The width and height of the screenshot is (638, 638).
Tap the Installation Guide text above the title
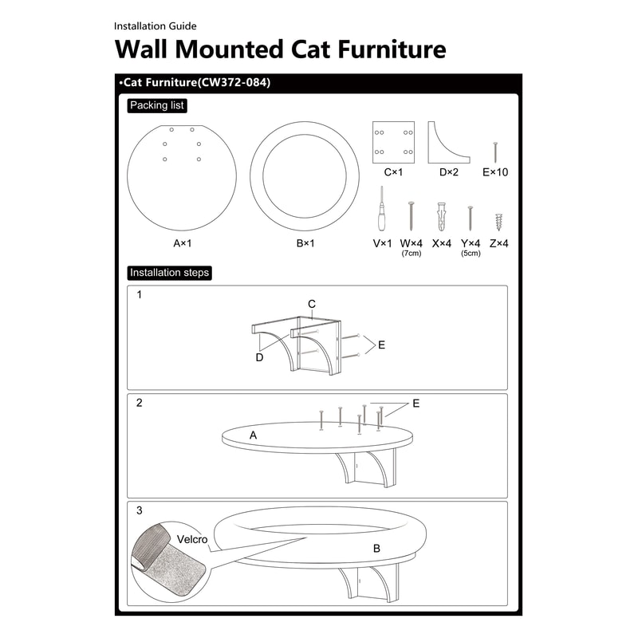click(x=155, y=26)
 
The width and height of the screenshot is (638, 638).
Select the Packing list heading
click(x=157, y=105)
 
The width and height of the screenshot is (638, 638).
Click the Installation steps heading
click(x=169, y=273)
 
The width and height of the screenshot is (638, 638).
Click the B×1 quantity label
click(x=305, y=243)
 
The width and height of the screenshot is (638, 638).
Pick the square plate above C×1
click(x=393, y=141)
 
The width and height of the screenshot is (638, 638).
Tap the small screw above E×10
click(x=495, y=152)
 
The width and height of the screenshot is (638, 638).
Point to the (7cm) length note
click(x=411, y=254)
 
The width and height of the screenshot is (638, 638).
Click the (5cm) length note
click(x=471, y=254)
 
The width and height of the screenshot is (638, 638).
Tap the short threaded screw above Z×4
click(x=500, y=222)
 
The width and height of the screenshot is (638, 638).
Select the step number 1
click(x=140, y=294)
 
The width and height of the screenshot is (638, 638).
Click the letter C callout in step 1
click(x=312, y=304)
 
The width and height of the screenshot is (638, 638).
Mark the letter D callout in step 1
click(x=259, y=357)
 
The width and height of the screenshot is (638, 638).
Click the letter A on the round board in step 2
click(x=253, y=435)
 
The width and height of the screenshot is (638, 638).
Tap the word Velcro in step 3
click(x=192, y=540)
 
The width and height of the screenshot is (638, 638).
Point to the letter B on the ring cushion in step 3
click(x=376, y=549)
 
